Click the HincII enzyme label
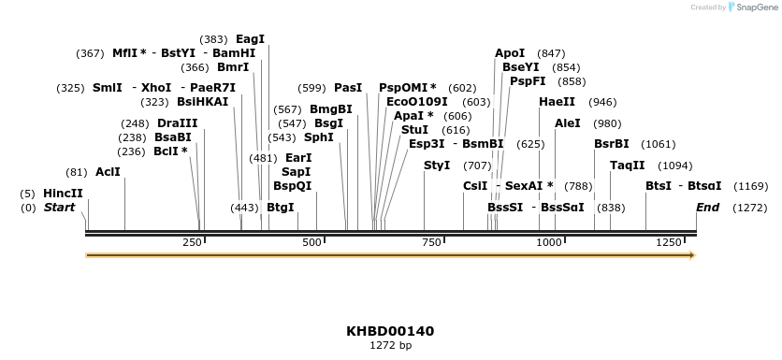[63, 194]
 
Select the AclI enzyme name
[108, 172]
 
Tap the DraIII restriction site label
[177, 123]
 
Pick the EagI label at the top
[250, 39]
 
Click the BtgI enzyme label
[280, 207]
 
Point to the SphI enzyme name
[318, 137]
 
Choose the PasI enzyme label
[347, 88]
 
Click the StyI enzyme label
[437, 166]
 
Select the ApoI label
[510, 53]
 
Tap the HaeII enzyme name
[557, 102]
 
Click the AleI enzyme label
[568, 123]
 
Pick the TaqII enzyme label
[627, 166]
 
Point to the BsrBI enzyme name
[612, 144]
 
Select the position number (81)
[77, 172]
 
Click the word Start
[59, 207]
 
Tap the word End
[707, 207]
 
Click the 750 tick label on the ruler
[432, 243]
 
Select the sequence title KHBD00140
[390, 331]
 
